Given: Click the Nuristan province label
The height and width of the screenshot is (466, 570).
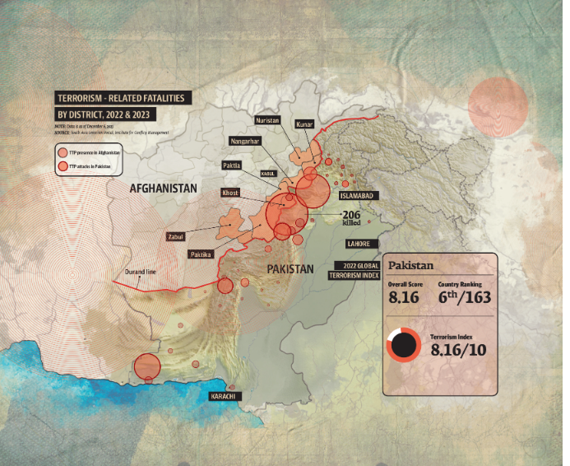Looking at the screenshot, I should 268,120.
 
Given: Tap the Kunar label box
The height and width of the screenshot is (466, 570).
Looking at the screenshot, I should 304,124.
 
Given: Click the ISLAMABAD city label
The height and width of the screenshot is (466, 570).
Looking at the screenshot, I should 359,196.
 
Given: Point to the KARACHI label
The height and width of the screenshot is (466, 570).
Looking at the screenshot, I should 225,397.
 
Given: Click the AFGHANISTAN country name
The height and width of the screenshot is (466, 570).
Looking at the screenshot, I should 164,189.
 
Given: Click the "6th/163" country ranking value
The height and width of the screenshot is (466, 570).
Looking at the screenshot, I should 465,297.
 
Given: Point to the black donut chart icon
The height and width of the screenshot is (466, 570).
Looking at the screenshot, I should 404,345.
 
